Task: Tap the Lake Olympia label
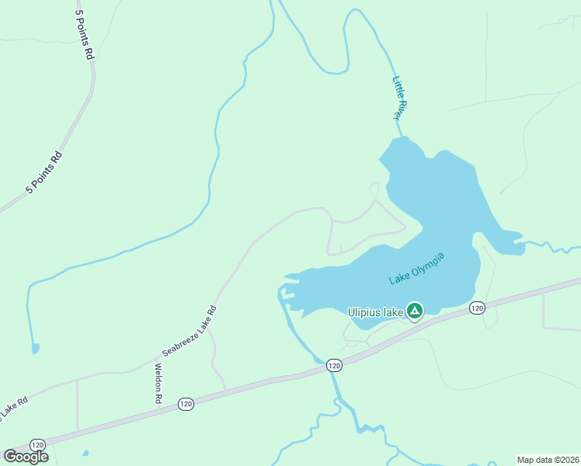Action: click(x=416, y=268)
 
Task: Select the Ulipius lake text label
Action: click(x=375, y=312)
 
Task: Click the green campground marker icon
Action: click(x=415, y=312)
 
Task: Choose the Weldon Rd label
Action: click(x=158, y=382)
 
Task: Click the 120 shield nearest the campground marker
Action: click(x=477, y=308)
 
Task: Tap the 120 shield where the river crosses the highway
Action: click(x=334, y=365)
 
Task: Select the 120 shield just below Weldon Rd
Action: click(x=185, y=404)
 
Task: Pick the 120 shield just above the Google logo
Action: click(x=37, y=444)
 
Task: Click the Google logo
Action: click(x=26, y=457)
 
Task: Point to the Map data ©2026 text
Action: click(x=548, y=460)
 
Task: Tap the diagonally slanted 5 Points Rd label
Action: click(x=44, y=172)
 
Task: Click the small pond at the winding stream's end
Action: click(x=35, y=349)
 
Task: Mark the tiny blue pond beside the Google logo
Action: click(x=85, y=453)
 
